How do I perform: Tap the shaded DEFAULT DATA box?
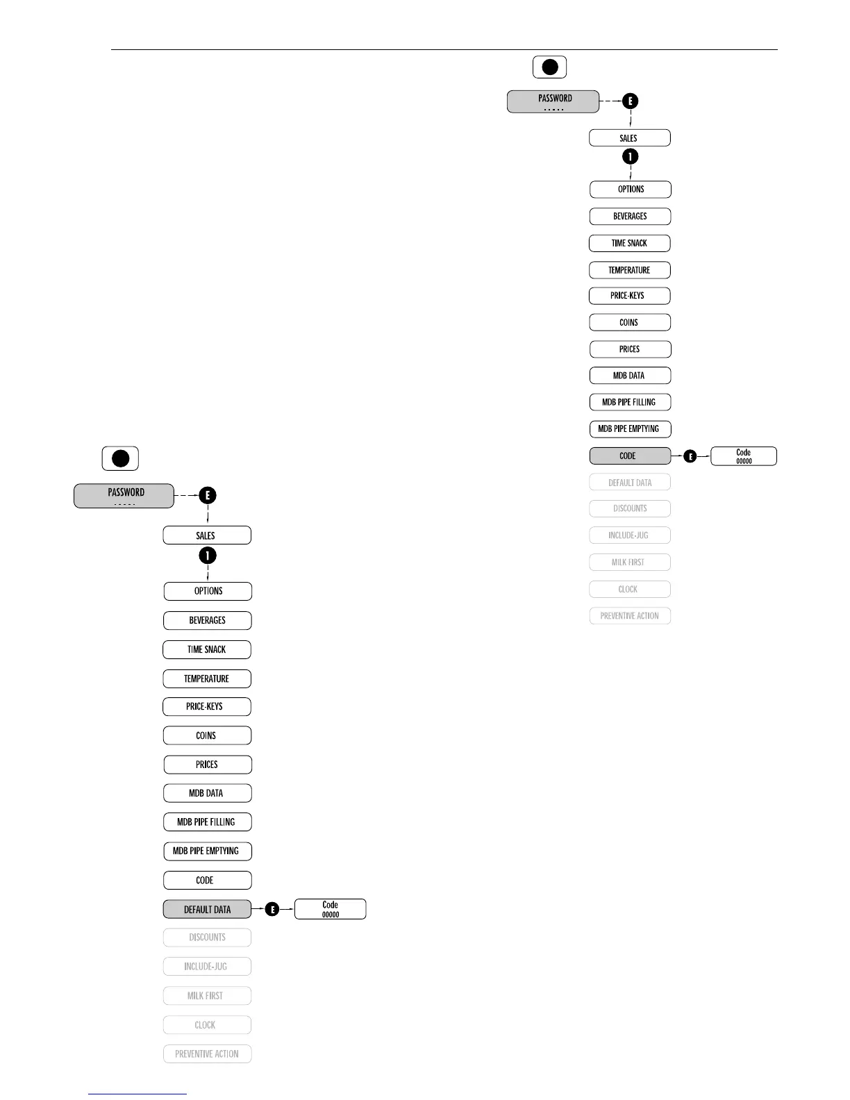[207, 909]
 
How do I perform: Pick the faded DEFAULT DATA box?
[630, 483]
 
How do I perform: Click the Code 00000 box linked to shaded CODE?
[744, 456]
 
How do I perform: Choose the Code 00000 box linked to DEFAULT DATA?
[330, 909]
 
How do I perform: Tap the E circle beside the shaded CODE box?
[690, 456]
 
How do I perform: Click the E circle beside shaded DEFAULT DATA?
[272, 909]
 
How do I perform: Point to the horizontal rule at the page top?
[444, 50]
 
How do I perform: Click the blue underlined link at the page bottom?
[137, 1094]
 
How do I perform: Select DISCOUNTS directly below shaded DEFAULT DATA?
[207, 937]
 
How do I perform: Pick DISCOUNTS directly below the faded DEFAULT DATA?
[630, 508]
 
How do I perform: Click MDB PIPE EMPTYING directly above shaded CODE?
[630, 429]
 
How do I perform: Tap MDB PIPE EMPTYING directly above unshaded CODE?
[207, 851]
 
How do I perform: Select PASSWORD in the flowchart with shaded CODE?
[553, 101]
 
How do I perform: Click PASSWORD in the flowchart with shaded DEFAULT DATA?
[124, 496]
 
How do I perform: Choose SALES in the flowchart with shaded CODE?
[629, 138]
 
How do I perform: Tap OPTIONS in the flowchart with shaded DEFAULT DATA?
[208, 591]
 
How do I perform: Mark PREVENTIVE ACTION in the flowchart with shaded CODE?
[630, 616]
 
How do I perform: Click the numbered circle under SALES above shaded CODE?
[630, 157]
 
